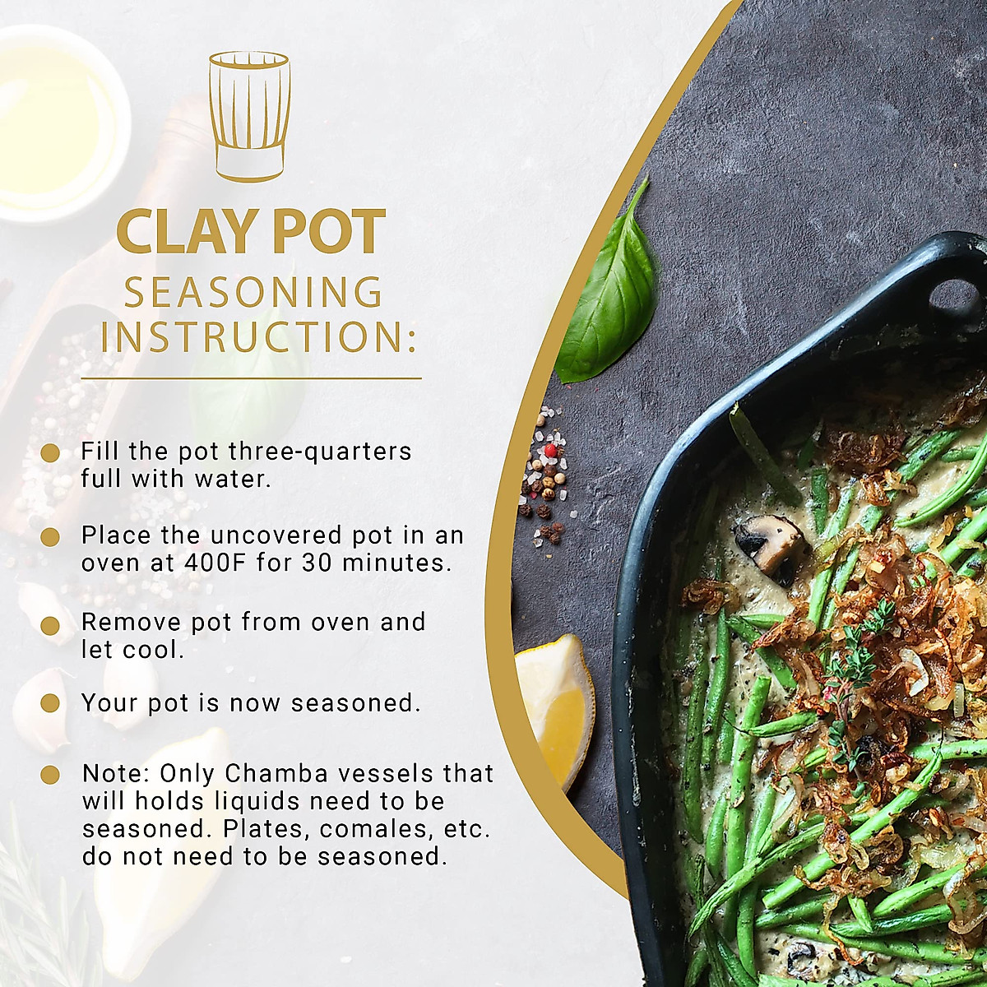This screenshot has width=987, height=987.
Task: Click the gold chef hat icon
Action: click(249, 115)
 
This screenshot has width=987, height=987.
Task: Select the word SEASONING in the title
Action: click(253, 293)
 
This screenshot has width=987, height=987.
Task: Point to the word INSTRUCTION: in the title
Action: click(258, 337)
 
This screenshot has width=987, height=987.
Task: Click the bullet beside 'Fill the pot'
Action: click(50, 452)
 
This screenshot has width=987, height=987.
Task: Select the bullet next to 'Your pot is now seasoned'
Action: click(50, 703)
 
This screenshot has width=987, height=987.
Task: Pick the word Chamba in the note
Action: click(264, 773)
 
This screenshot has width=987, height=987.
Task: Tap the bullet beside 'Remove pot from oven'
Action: click(50, 625)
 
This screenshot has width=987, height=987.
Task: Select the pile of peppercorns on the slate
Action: click(544, 477)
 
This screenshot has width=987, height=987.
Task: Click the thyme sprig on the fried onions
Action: click(855, 658)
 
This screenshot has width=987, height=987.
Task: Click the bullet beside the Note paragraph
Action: click(50, 775)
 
